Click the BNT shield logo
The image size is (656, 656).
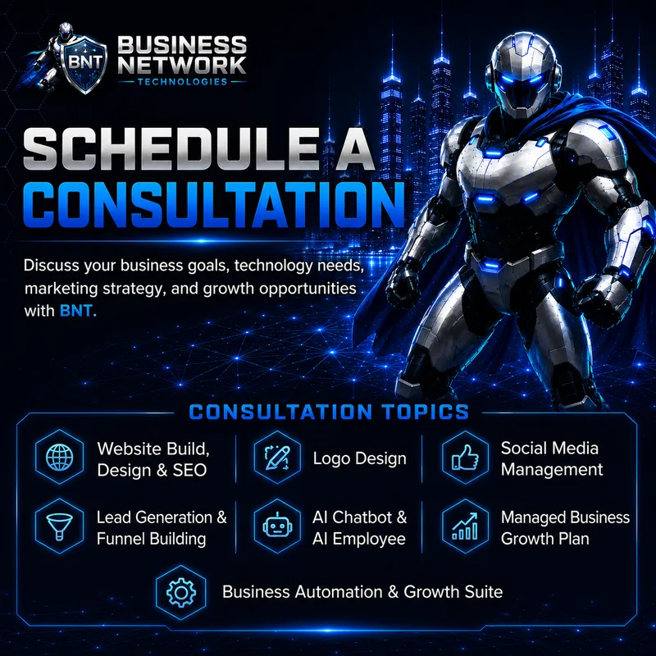tap(84, 62)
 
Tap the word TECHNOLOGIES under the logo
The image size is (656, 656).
tap(182, 81)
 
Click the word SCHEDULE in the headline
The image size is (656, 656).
tap(171, 148)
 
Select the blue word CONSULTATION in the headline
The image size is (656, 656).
tap(214, 204)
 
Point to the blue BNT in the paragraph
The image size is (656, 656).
tap(78, 311)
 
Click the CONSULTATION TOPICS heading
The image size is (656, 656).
tap(329, 412)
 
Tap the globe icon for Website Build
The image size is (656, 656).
tap(59, 457)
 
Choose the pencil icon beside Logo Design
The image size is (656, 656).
tap(277, 458)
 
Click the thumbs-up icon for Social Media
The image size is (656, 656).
tap(465, 457)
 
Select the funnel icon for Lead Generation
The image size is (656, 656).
tap(59, 526)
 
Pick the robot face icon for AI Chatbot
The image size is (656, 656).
tap(277, 526)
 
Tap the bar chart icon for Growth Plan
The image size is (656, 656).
tap(465, 526)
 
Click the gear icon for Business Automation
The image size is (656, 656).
tap(180, 592)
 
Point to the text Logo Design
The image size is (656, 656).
tap(359, 458)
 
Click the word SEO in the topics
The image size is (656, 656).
tap(189, 470)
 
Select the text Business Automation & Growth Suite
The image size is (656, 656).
tap(362, 591)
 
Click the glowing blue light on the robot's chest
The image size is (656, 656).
tap(494, 153)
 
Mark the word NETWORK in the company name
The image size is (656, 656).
tap(182, 65)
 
